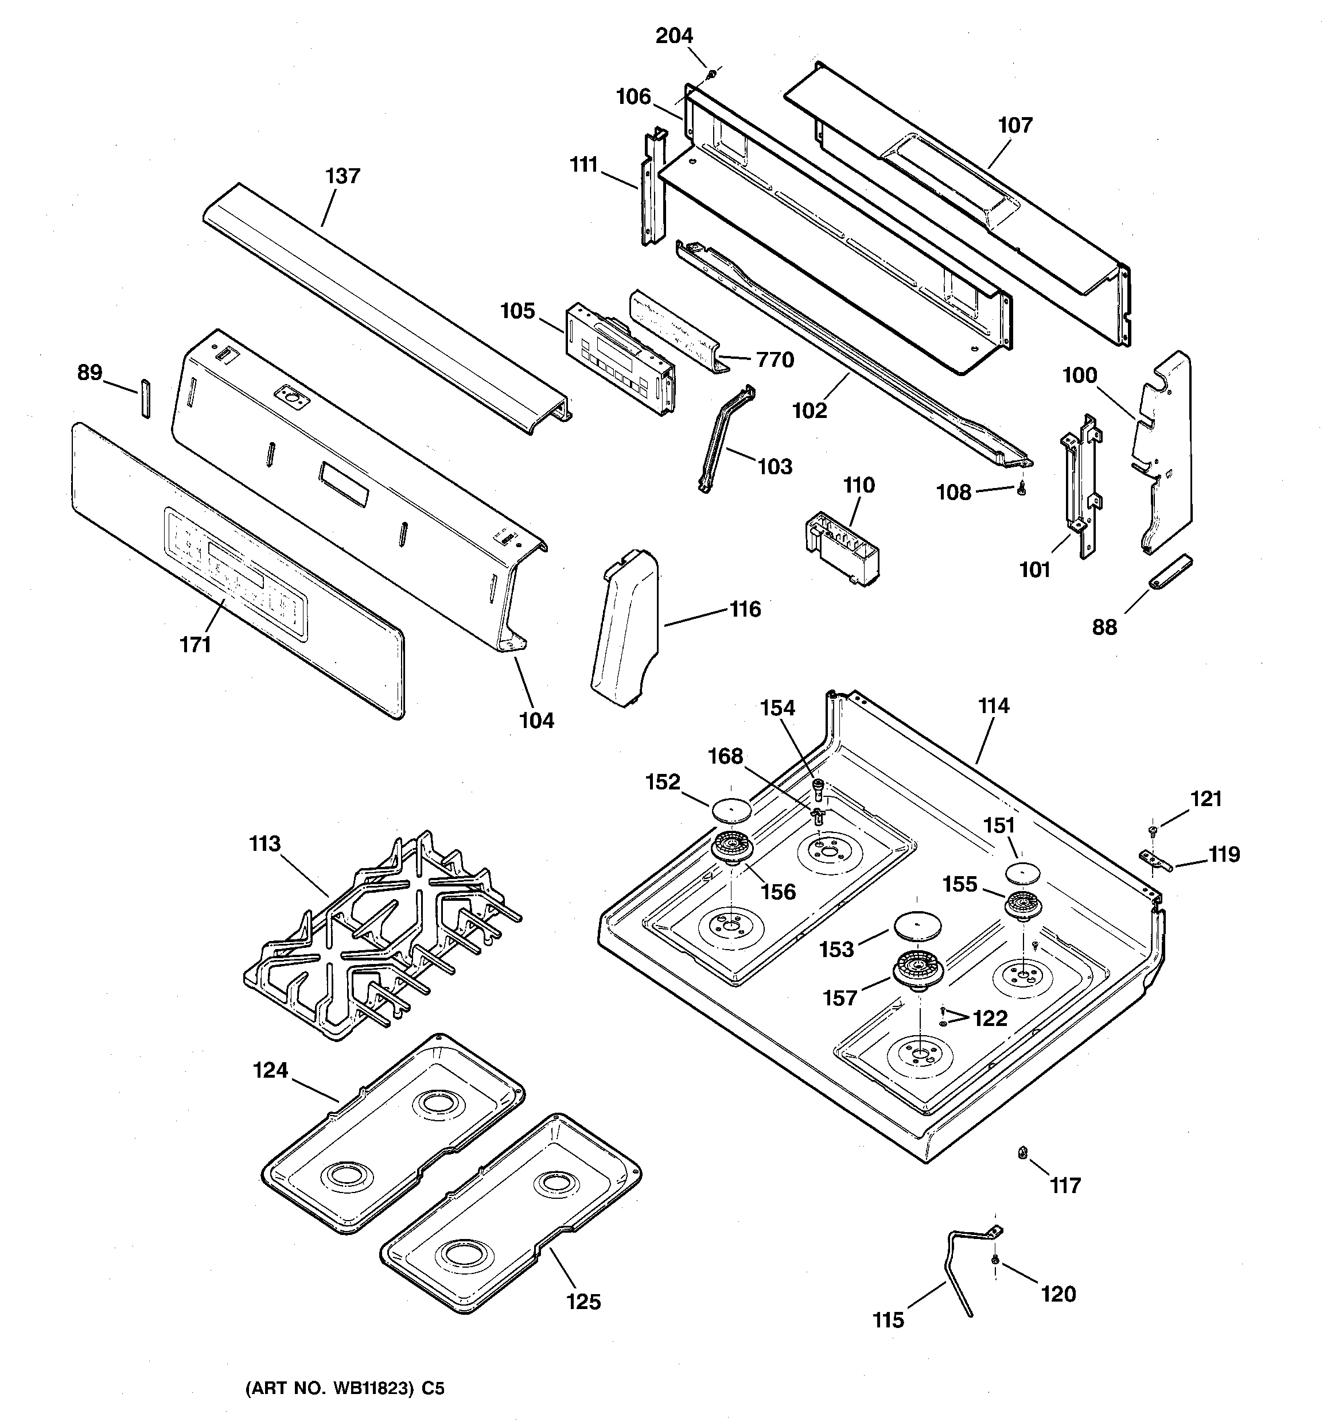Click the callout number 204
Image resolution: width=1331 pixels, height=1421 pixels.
675,36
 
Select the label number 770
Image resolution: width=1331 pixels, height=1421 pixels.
775,359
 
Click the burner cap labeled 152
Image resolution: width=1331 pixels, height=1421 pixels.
731,810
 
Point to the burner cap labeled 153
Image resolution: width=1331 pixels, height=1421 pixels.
917,925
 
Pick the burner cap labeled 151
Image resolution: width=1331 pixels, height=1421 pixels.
1025,872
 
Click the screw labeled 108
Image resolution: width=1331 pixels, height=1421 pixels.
1021,490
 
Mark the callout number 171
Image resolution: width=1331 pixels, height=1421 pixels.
195,645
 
